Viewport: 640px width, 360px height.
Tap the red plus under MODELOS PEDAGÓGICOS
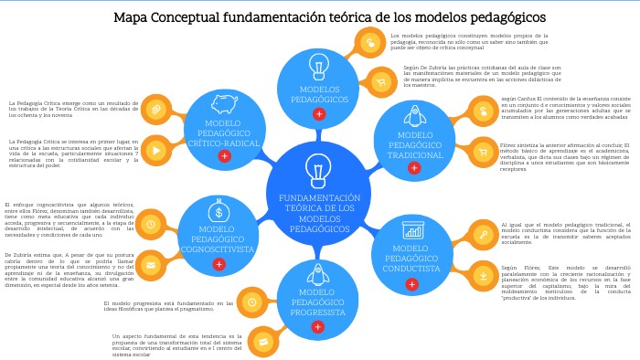[319, 114]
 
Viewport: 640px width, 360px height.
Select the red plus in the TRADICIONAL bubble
[414, 168]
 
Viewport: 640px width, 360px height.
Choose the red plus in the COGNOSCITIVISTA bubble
[219, 264]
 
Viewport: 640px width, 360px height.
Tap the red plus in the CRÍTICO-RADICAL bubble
[224, 156]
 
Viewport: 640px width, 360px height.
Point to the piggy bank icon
[224, 103]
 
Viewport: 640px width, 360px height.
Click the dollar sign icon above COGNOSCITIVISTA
[218, 212]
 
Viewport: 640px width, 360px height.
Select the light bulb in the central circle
[318, 170]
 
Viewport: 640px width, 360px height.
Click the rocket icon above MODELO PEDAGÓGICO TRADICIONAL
[414, 115]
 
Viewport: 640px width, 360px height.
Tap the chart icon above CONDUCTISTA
[412, 229]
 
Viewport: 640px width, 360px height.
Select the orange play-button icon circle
[157, 150]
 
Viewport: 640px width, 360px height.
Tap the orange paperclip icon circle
[157, 109]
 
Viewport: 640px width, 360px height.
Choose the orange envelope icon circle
[151, 265]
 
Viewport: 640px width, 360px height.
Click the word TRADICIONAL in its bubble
[415, 155]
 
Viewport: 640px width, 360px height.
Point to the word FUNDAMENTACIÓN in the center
[319, 197]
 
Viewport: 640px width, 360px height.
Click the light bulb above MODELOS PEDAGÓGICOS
[319, 66]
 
